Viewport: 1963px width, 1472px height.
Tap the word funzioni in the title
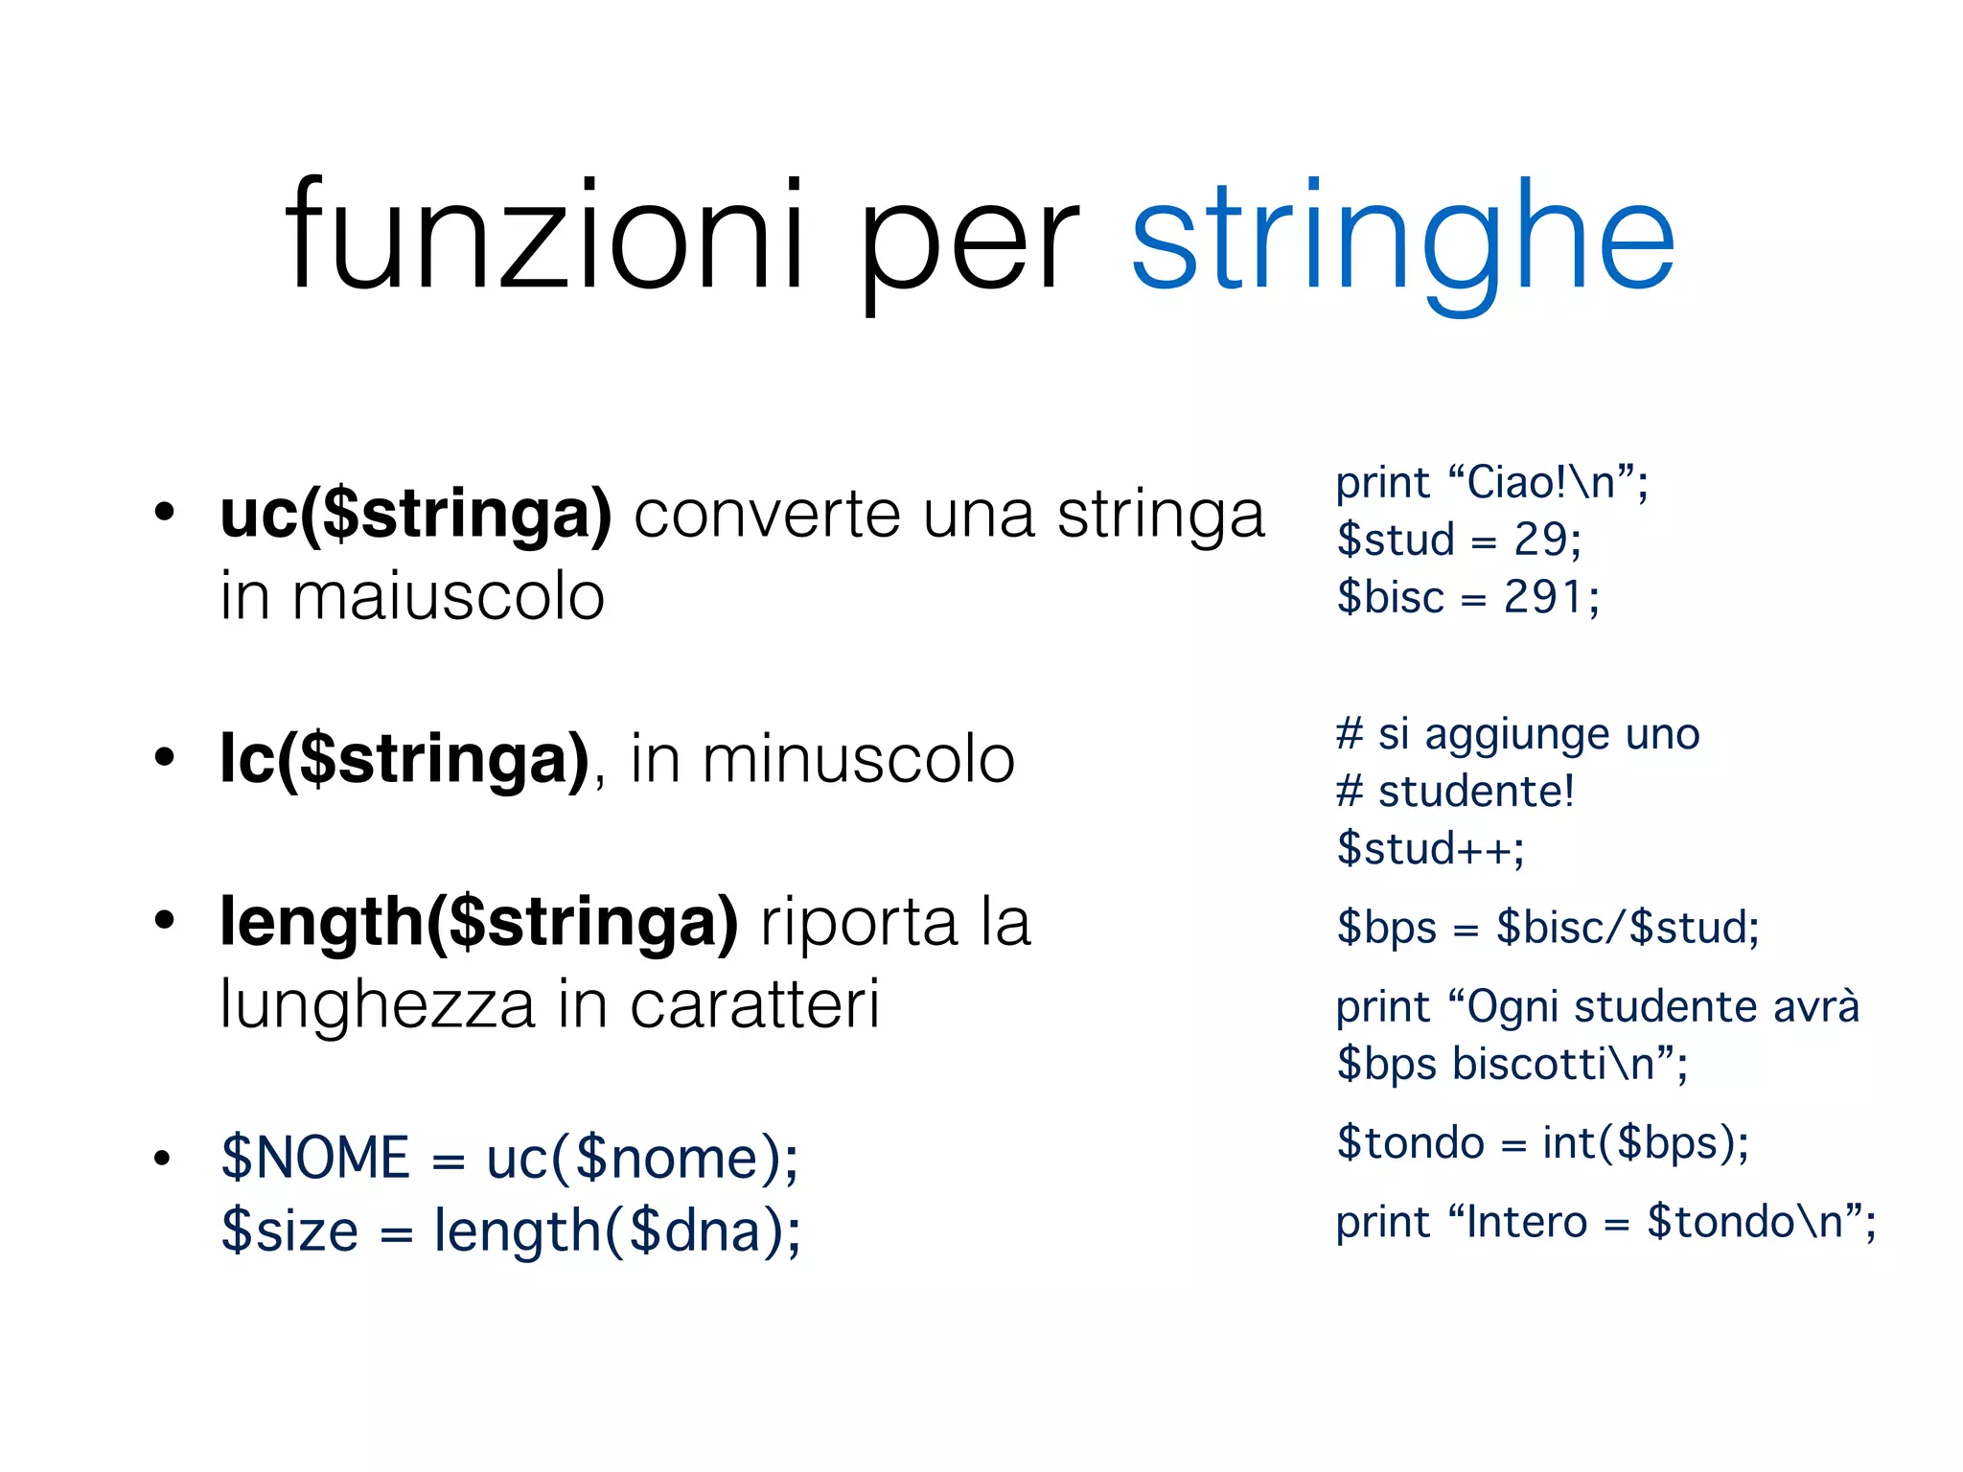(544, 235)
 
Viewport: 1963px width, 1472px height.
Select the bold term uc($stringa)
(415, 515)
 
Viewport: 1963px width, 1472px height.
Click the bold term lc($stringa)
(404, 759)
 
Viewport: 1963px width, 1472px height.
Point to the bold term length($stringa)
(479, 923)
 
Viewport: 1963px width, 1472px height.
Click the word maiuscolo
(448, 597)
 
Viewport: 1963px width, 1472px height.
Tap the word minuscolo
(858, 759)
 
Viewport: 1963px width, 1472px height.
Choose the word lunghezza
(377, 1005)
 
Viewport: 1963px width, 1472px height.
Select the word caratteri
(754, 1005)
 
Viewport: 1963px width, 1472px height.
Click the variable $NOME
(315, 1158)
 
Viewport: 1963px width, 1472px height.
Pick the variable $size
(289, 1230)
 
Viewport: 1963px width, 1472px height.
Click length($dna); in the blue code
(617, 1230)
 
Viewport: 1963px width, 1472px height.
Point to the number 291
(1543, 597)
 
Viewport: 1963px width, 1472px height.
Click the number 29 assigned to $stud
(1539, 540)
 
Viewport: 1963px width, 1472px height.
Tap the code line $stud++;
(1430, 849)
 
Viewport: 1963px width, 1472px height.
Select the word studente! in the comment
(1476, 792)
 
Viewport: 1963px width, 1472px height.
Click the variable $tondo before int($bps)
(1410, 1143)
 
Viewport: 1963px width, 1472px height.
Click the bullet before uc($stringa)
(165, 513)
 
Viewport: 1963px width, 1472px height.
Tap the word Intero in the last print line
(1527, 1223)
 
